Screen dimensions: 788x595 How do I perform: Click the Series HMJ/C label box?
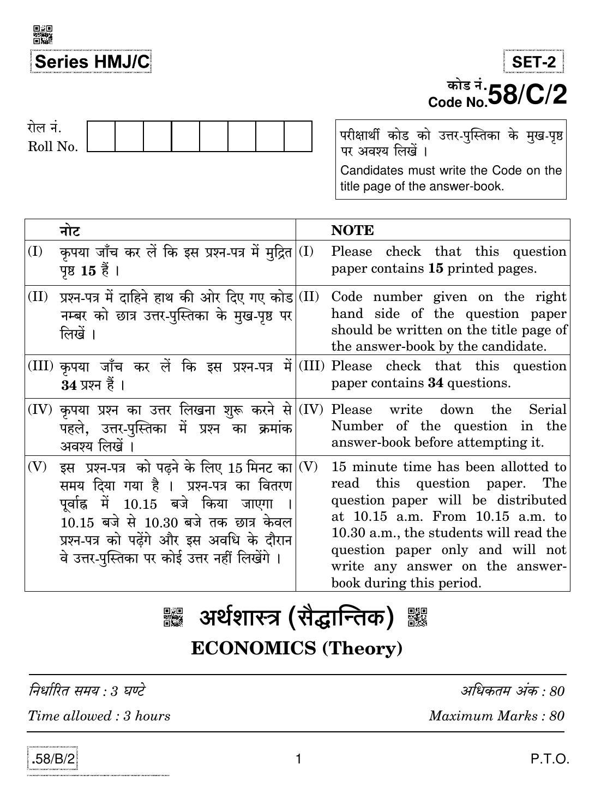(91, 62)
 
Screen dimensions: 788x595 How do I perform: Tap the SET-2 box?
(533, 62)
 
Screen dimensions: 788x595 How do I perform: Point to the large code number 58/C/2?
(527, 94)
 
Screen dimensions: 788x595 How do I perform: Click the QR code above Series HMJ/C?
(43, 34)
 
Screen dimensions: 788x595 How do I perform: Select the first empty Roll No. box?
(101, 136)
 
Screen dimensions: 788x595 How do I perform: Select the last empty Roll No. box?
(298, 136)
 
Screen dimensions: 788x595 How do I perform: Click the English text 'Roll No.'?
(53, 147)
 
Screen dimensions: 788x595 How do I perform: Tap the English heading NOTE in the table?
(352, 230)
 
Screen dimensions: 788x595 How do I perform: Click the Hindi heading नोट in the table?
(70, 230)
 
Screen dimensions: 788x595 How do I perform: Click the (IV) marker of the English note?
(311, 409)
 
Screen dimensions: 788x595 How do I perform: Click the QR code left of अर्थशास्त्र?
(173, 617)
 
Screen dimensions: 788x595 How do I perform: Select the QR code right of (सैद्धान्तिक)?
(418, 617)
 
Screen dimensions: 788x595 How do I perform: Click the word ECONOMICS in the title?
(254, 648)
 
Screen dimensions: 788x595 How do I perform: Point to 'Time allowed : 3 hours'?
(99, 715)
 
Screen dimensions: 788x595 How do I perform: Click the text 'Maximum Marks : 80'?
(496, 715)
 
